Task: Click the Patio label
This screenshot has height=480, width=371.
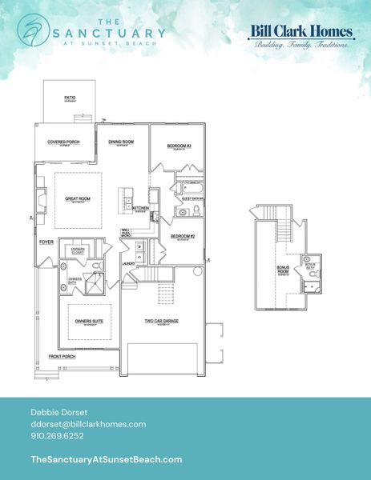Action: tap(70, 98)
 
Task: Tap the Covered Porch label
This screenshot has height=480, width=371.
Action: tap(62, 142)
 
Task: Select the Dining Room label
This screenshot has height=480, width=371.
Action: tap(121, 142)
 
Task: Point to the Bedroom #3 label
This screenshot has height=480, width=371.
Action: tap(178, 146)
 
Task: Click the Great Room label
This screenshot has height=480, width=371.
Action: tap(78, 198)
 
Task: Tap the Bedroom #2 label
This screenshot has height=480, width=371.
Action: tap(182, 237)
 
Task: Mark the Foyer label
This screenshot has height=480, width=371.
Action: tap(46, 242)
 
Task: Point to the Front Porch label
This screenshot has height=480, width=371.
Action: tap(61, 356)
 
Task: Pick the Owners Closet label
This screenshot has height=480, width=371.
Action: tap(78, 251)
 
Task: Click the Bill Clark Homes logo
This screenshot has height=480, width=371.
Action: tap(301, 36)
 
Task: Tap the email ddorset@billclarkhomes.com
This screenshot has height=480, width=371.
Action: tap(87, 423)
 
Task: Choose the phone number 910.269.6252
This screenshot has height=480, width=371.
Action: tap(57, 436)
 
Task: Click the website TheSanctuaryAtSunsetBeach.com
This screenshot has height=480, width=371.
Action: tap(105, 459)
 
